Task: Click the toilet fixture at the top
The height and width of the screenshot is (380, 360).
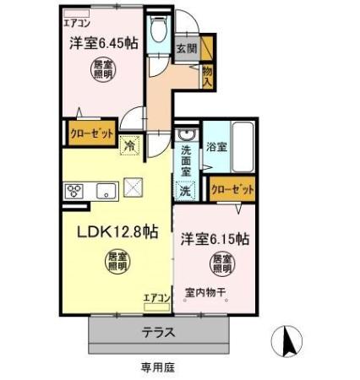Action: point(157,31)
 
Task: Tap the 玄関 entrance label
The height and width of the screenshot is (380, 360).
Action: point(186,49)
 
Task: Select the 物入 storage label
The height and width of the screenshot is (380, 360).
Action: point(207,76)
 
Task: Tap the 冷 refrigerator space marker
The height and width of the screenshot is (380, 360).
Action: point(130,144)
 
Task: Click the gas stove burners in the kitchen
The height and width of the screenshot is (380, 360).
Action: point(74,189)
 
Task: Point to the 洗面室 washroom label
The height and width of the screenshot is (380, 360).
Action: point(187,161)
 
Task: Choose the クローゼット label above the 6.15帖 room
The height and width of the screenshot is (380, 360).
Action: point(231,190)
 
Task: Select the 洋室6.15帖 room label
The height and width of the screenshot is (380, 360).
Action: point(215,238)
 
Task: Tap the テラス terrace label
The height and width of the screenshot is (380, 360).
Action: point(158,333)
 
